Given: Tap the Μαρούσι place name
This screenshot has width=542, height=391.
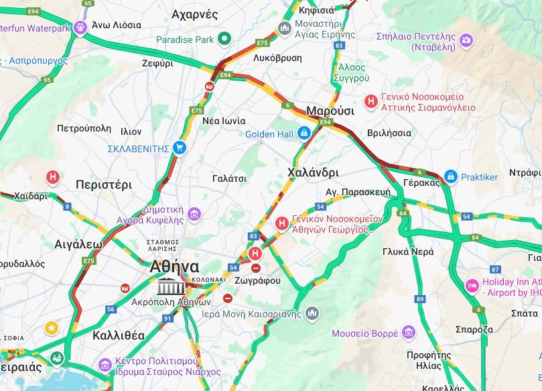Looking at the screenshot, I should [x=330, y=111].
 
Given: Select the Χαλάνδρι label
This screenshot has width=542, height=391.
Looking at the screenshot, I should [x=313, y=172].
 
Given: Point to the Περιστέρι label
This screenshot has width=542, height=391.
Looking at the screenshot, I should [x=104, y=184].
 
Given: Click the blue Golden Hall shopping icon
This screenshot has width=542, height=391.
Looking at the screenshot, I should [x=304, y=133].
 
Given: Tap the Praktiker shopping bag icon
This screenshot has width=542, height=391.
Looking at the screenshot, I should [x=451, y=177].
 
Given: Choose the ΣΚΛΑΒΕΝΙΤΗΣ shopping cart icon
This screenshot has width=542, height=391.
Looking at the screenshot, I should [x=179, y=148].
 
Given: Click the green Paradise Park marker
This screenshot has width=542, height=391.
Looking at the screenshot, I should [x=225, y=40].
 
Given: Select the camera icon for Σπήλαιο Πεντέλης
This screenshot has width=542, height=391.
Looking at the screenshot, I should [x=466, y=42].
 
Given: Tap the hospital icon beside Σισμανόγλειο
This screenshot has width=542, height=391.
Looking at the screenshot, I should [x=370, y=101].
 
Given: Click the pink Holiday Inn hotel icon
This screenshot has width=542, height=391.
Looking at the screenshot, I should [x=472, y=286].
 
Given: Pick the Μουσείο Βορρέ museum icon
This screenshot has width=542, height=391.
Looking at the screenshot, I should [x=406, y=333].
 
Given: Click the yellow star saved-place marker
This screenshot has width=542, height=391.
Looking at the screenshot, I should [x=51, y=328].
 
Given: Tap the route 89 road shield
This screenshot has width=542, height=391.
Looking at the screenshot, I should [x=420, y=298].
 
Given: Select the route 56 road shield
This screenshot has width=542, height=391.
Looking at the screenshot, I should [x=111, y=309].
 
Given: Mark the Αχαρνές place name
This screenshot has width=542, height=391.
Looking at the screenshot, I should [x=195, y=14].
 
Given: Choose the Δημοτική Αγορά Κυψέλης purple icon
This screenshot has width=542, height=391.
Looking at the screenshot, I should [x=194, y=215].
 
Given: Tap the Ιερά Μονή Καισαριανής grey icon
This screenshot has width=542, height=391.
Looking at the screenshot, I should [x=312, y=313].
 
